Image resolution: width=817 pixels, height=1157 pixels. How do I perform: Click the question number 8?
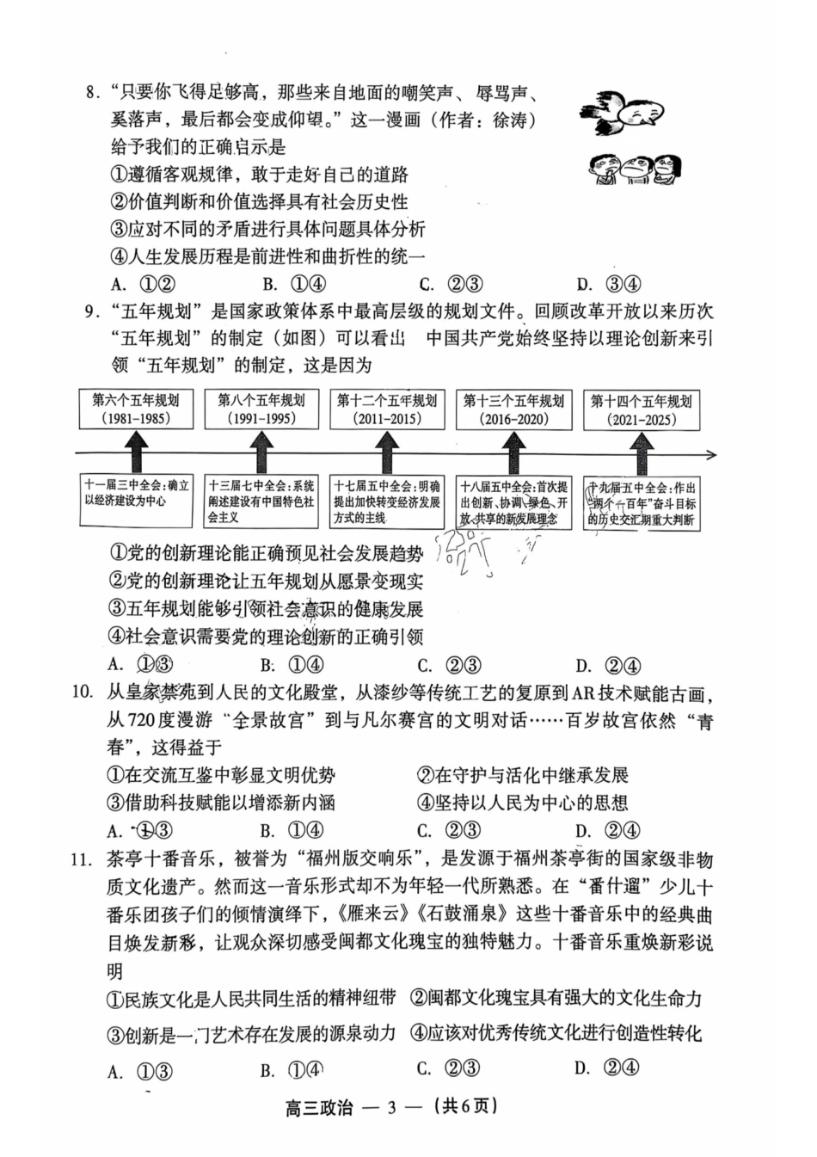click(x=91, y=94)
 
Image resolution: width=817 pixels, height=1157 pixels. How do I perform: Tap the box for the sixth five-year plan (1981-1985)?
click(x=136, y=409)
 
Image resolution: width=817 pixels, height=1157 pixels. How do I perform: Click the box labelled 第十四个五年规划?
click(x=641, y=410)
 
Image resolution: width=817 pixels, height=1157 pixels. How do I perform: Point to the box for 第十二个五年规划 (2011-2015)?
click(x=387, y=409)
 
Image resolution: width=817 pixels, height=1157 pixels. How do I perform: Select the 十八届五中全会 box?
click(x=513, y=502)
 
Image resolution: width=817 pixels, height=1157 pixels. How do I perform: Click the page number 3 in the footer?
click(x=391, y=1107)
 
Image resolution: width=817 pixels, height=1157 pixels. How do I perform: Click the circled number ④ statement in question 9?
click(x=267, y=637)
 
